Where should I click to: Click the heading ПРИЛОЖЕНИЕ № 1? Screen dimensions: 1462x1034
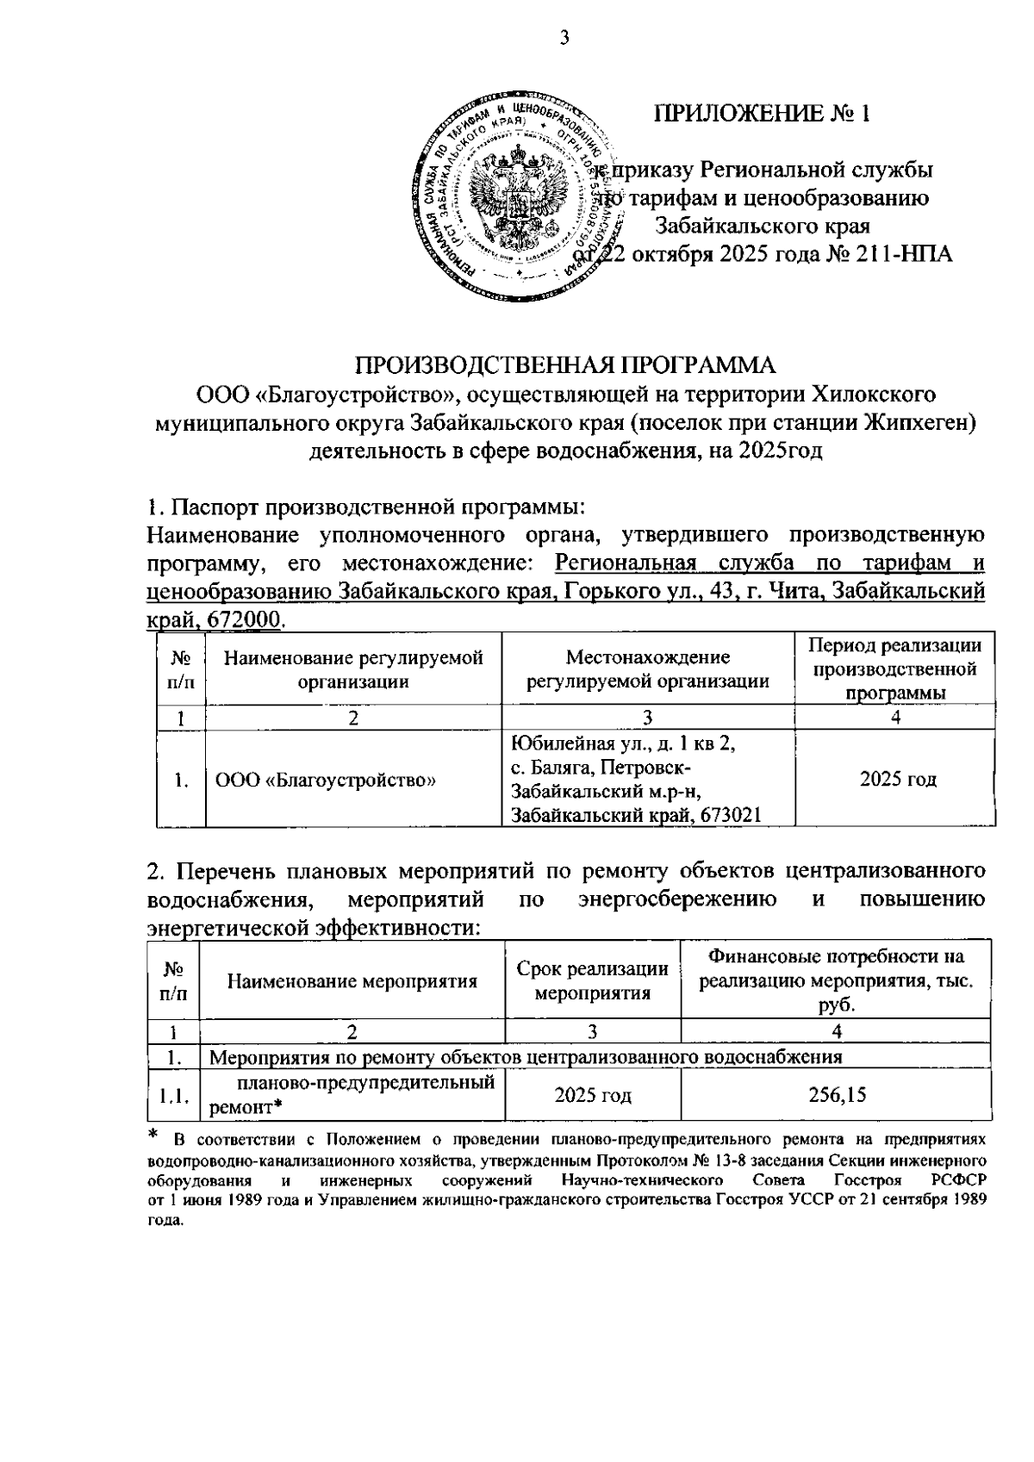click(762, 114)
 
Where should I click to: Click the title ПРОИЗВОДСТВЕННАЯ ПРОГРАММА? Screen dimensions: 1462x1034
click(567, 364)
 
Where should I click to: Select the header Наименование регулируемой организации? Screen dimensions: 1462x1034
click(352, 669)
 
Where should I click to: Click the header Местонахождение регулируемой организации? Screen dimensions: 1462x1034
click(647, 669)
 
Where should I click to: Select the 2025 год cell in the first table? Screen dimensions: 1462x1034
click(898, 780)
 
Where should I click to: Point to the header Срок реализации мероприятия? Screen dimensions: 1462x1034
click(592, 980)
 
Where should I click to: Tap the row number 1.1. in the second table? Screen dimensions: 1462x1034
click(173, 1096)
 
